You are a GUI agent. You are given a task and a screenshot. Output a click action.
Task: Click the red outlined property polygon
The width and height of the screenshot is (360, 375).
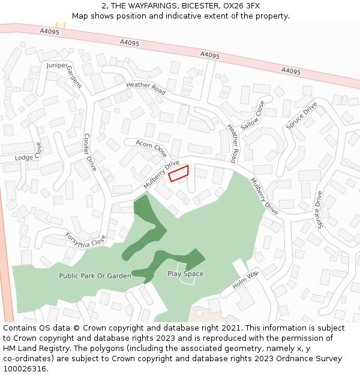tap(178, 173)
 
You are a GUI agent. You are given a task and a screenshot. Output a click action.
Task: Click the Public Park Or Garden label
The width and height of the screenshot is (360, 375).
tap(95, 276)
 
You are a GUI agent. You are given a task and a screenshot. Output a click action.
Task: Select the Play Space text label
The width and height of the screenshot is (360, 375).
tap(185, 274)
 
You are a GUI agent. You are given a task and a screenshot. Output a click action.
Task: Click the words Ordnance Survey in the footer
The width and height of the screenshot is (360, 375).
tap(312, 359)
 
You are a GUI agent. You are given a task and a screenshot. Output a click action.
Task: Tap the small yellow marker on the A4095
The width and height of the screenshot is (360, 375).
tap(60, 25)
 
